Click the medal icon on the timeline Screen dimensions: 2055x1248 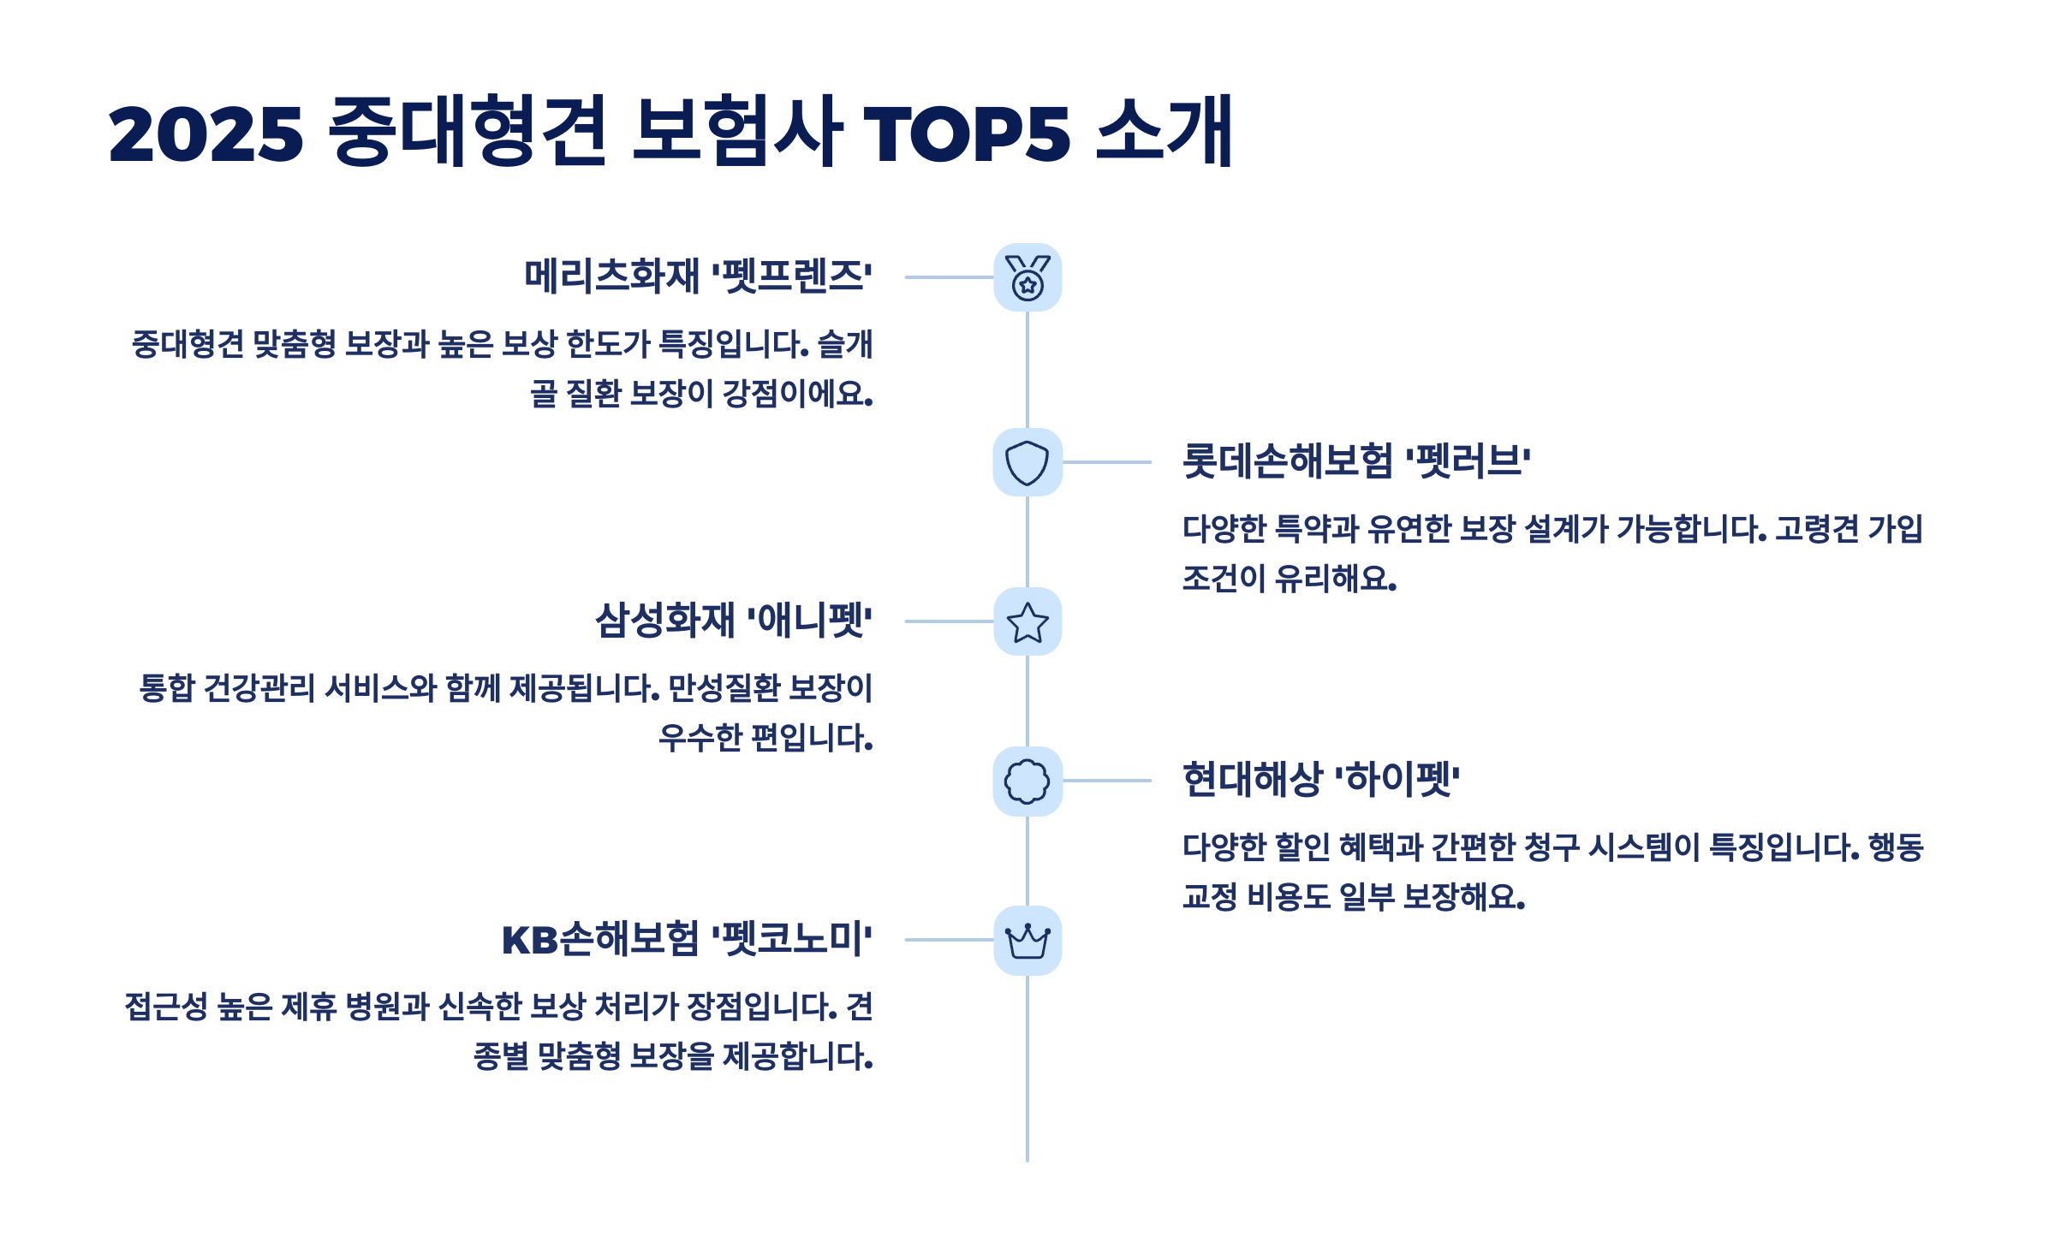coord(1027,277)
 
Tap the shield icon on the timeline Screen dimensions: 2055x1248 coord(1027,462)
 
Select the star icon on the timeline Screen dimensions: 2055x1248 coord(1027,621)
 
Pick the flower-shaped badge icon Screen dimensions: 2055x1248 coord(1027,781)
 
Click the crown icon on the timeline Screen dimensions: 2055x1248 coord(1027,940)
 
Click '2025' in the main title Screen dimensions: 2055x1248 coord(205,134)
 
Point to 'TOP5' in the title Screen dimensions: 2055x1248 coord(967,134)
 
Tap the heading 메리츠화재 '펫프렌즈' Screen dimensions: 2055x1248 coord(698,276)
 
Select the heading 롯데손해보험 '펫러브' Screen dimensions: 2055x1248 coord(1356,461)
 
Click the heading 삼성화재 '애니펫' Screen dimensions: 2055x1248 coord(733,621)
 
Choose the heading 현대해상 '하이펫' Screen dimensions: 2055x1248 coord(1320,780)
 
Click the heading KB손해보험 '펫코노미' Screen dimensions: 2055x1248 coord(687,939)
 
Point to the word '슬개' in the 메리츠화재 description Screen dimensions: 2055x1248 coord(845,344)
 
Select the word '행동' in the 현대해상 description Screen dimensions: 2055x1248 coord(1896,847)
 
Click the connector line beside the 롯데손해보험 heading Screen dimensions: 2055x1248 coord(1106,462)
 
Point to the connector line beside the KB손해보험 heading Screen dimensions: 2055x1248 coord(949,940)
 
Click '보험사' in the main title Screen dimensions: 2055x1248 coord(736,132)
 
